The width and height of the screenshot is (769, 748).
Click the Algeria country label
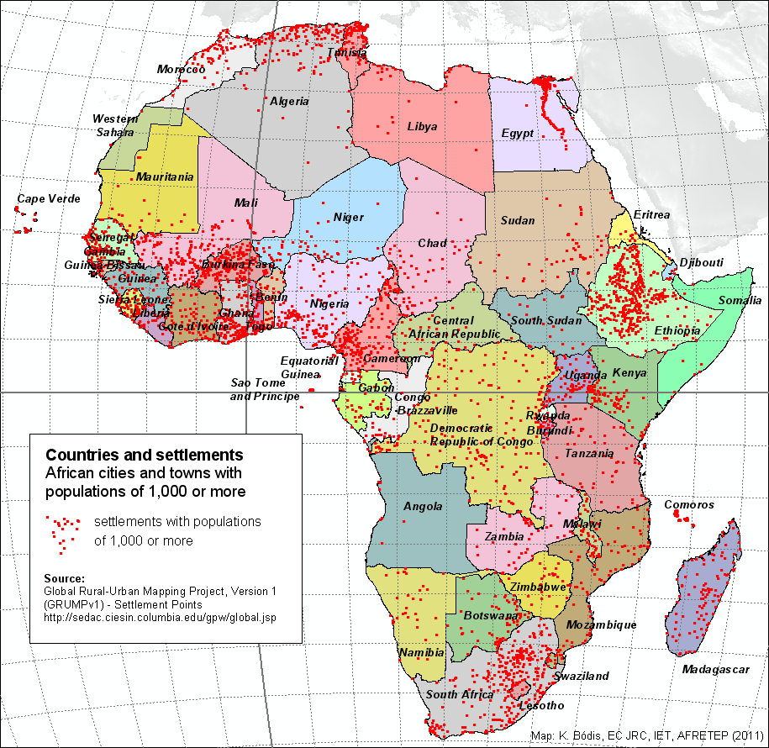pyautogui.click(x=289, y=102)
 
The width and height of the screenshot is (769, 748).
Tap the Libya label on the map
pyautogui.click(x=422, y=127)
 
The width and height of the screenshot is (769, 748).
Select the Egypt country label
pyautogui.click(x=517, y=134)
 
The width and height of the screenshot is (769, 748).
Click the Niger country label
pyautogui.click(x=348, y=218)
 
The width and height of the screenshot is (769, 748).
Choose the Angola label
pyautogui.click(x=423, y=507)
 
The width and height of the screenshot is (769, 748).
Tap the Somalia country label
pyautogui.click(x=740, y=301)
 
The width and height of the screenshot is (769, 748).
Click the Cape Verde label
pyautogui.click(x=49, y=199)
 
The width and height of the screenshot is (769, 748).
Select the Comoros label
pyautogui.click(x=689, y=505)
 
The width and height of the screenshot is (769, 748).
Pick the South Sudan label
pyautogui.click(x=540, y=321)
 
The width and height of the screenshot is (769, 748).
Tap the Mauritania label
pyautogui.click(x=165, y=177)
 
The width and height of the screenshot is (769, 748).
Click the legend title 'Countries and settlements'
pyautogui.click(x=145, y=455)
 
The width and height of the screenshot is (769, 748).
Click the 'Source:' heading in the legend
pyautogui.click(x=64, y=579)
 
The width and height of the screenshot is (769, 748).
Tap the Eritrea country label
pyautogui.click(x=651, y=215)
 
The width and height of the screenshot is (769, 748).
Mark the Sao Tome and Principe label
pyautogui.click(x=265, y=389)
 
